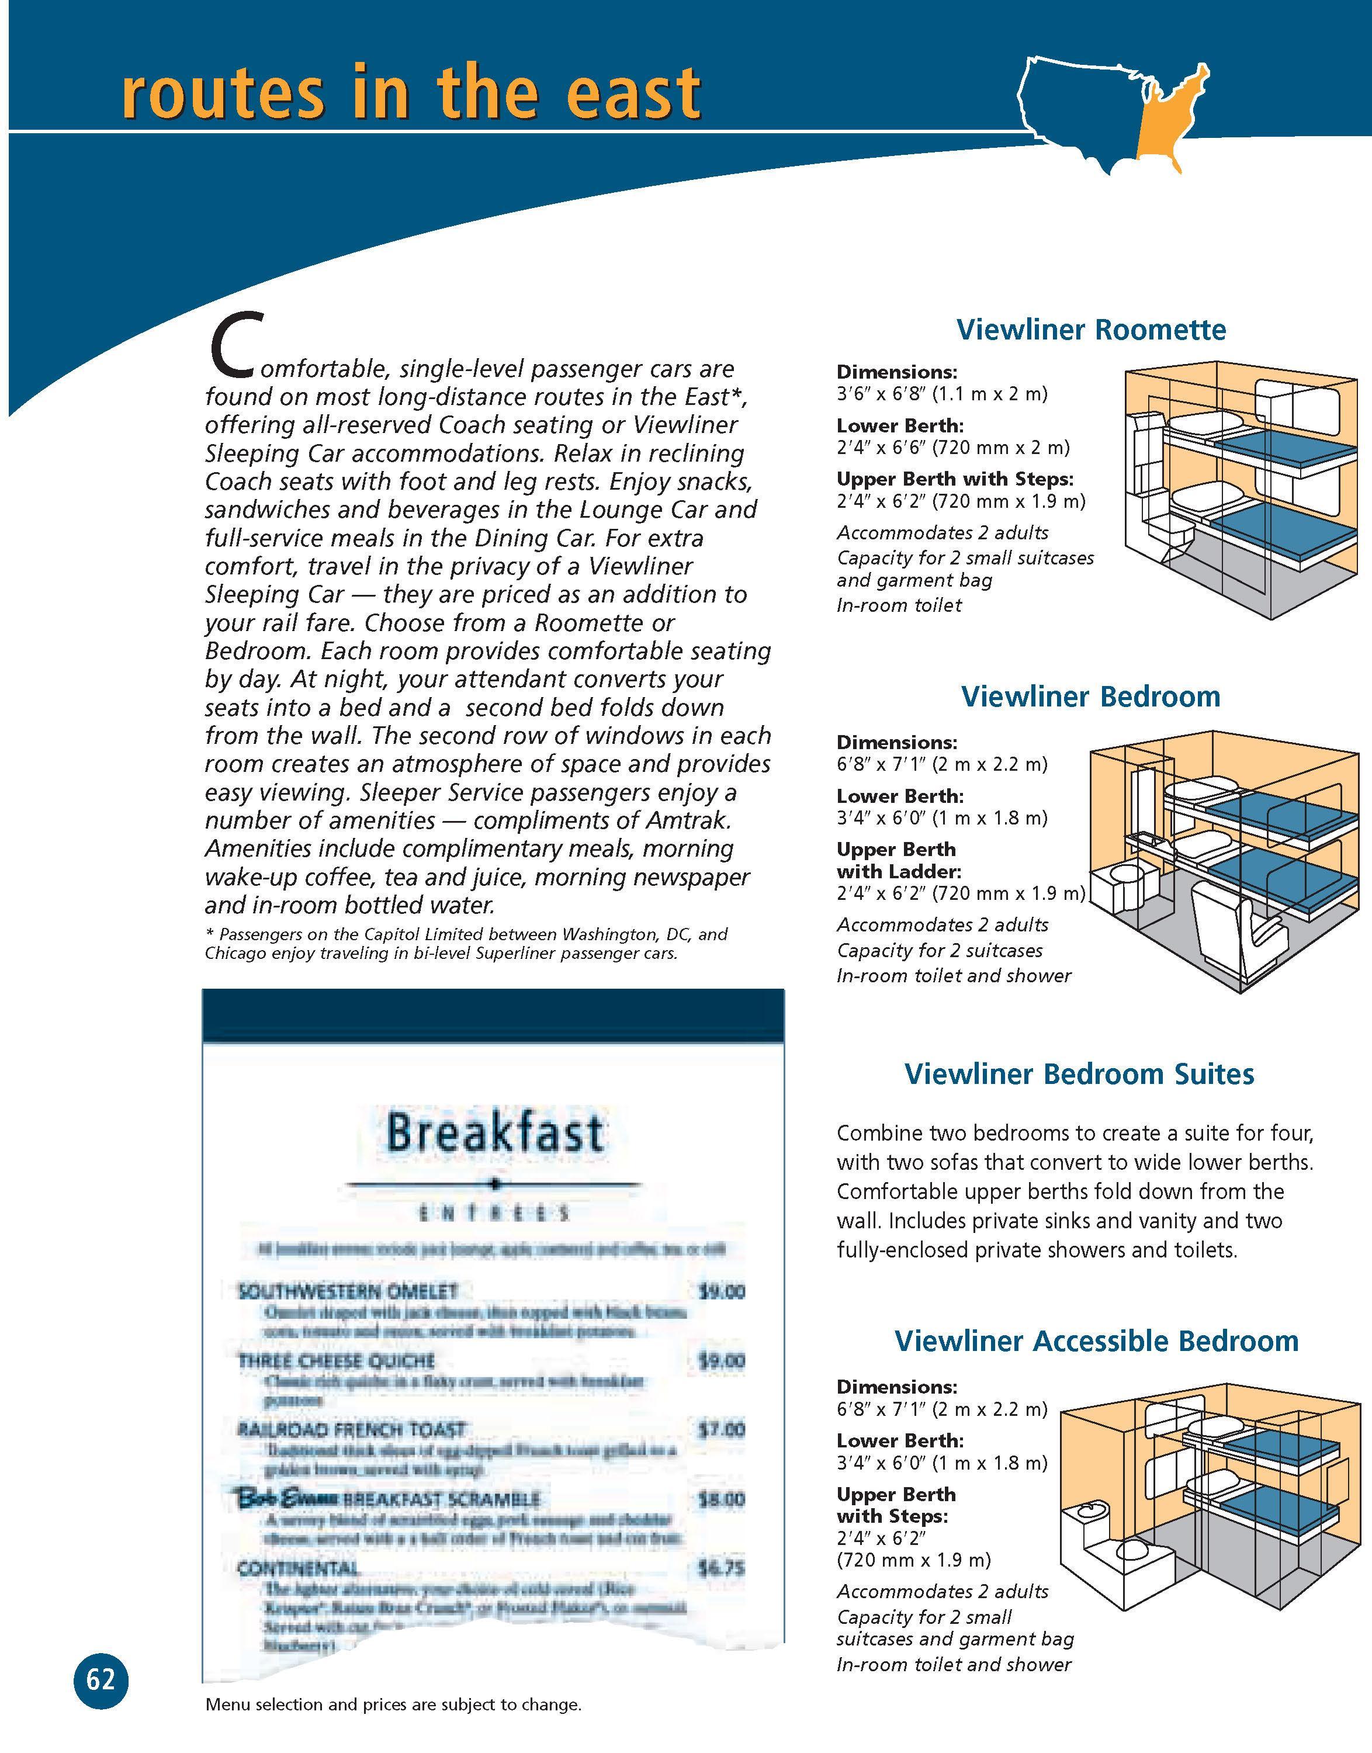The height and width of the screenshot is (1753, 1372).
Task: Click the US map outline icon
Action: [1113, 112]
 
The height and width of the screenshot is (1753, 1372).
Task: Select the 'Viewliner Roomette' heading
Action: [1091, 330]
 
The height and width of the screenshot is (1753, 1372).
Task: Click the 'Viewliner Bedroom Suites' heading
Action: [1079, 1073]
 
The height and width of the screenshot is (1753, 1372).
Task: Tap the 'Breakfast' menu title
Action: [494, 1133]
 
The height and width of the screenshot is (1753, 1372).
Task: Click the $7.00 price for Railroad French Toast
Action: [720, 1429]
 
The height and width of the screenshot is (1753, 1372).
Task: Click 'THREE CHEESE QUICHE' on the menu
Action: [336, 1360]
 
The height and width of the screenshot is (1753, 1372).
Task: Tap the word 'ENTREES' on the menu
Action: [494, 1213]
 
